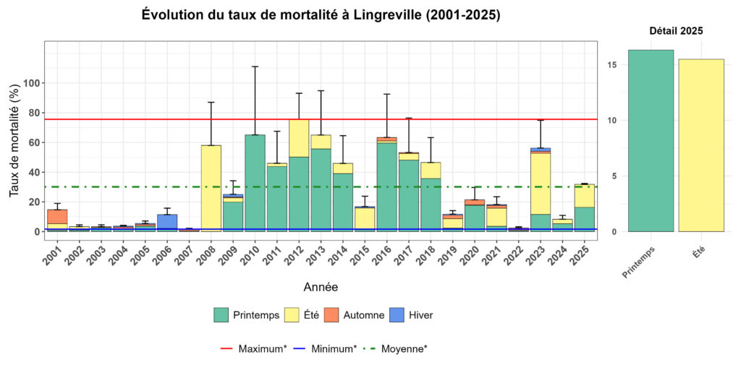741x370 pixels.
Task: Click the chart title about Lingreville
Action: pos(321,15)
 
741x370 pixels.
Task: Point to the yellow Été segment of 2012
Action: pos(299,138)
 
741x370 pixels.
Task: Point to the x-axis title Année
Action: pos(321,287)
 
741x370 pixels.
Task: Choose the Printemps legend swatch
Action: pos(221,315)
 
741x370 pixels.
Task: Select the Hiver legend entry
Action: pos(412,315)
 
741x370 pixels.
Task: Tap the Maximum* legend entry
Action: pos(253,348)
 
